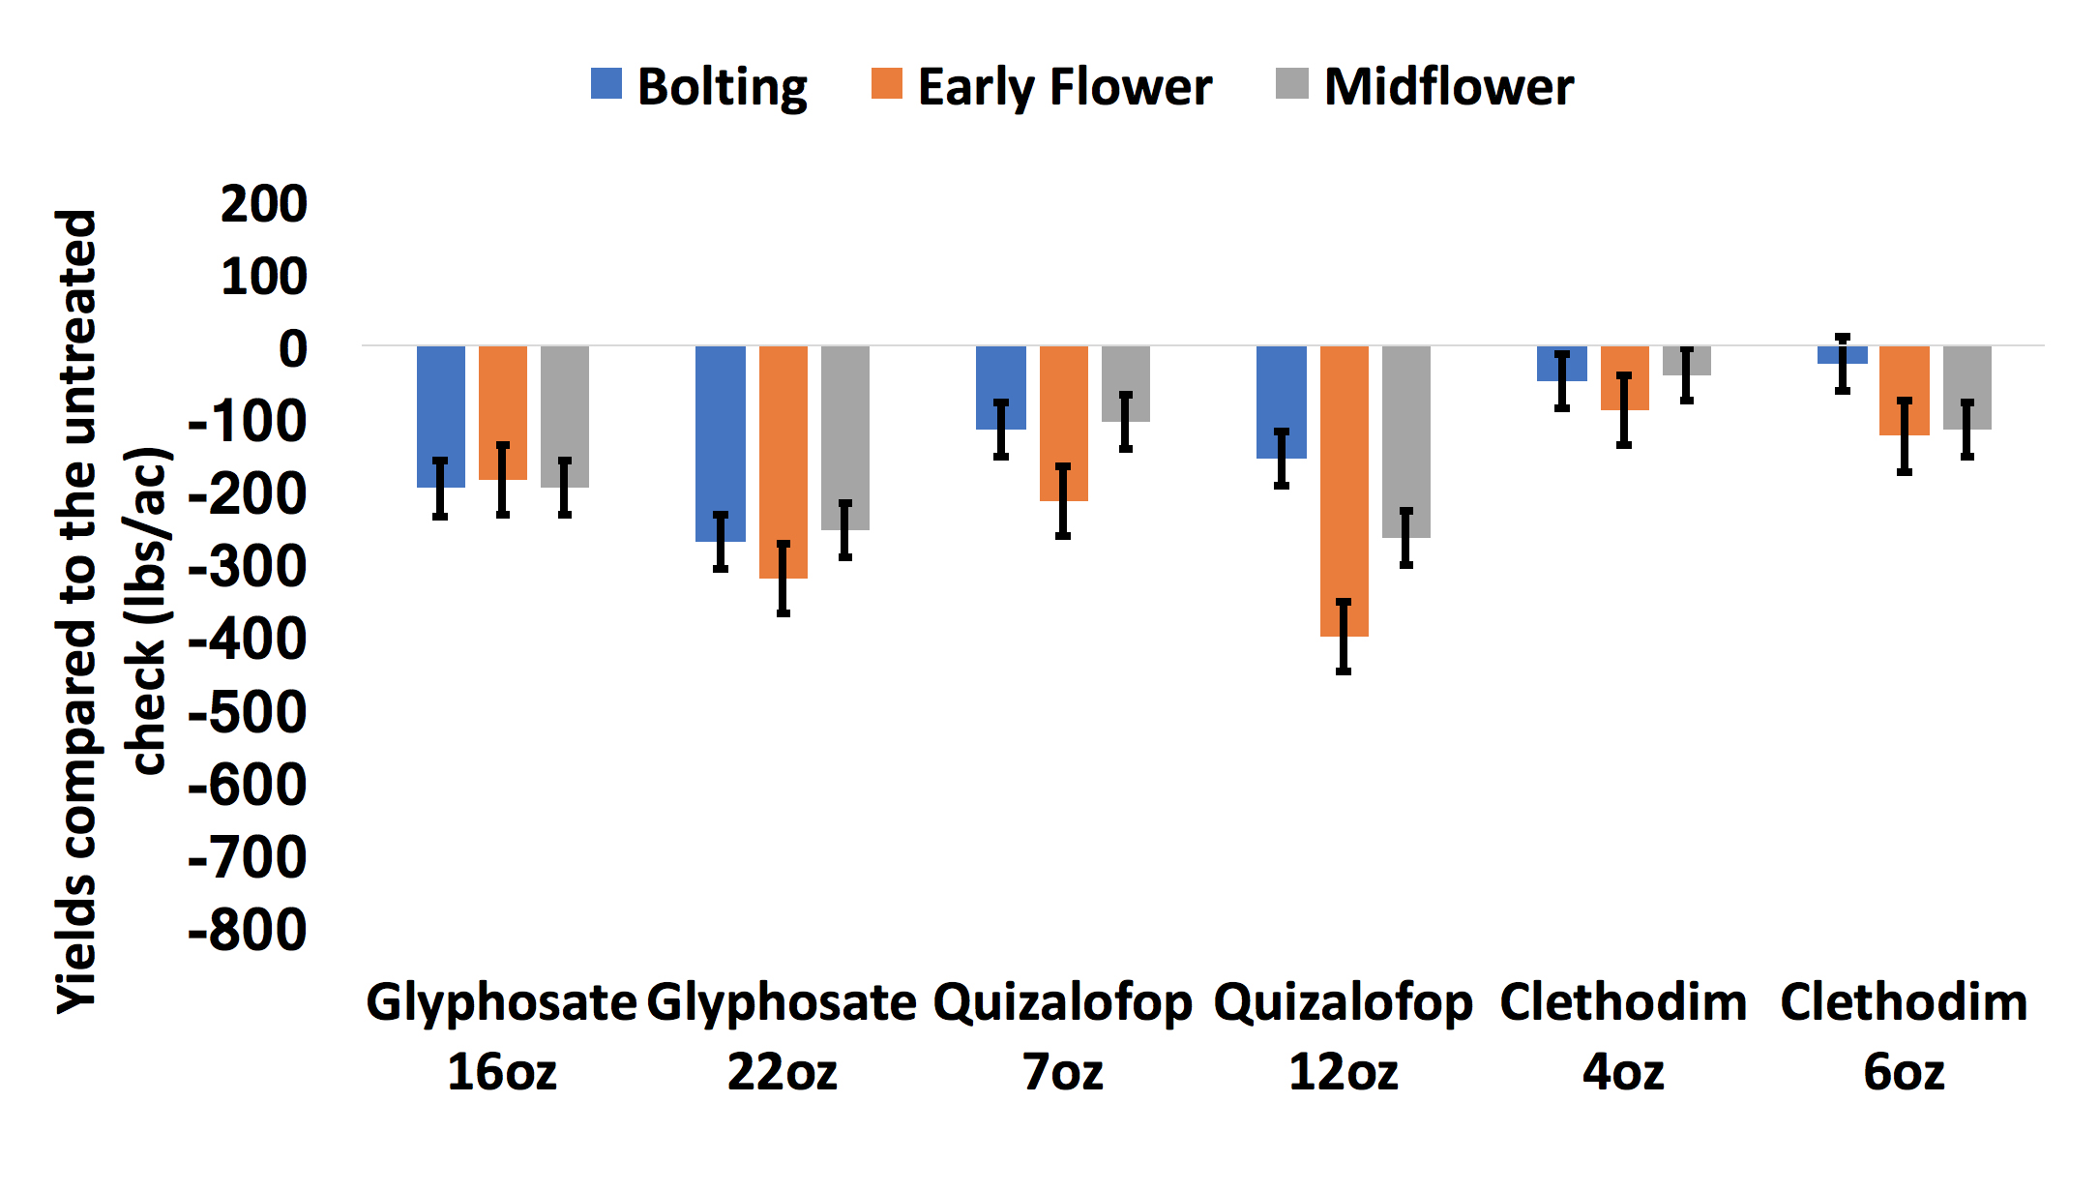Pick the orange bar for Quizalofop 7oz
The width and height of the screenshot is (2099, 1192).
[x=1063, y=416]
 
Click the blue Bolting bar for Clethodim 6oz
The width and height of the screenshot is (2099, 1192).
[x=1842, y=355]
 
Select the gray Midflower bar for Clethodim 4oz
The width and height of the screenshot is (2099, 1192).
[x=1686, y=361]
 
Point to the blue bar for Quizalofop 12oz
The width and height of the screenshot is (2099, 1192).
[x=1281, y=397]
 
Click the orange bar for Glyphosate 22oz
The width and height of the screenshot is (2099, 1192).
[x=783, y=455]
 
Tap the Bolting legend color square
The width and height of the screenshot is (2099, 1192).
[x=606, y=84]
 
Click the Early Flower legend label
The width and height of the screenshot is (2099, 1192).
[x=1064, y=87]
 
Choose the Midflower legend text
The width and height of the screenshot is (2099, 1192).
[x=1448, y=87]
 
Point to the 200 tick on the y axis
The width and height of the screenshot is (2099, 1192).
[x=263, y=204]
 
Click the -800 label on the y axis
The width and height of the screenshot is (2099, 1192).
[x=248, y=930]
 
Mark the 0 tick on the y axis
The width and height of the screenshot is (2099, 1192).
[x=292, y=348]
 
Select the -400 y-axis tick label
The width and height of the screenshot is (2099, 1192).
[x=248, y=640]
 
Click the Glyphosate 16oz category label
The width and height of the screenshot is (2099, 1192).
[x=501, y=1035]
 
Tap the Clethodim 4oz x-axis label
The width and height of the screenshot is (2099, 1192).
[x=1623, y=1035]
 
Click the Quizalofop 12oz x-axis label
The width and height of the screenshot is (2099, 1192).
[x=1343, y=1035]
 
